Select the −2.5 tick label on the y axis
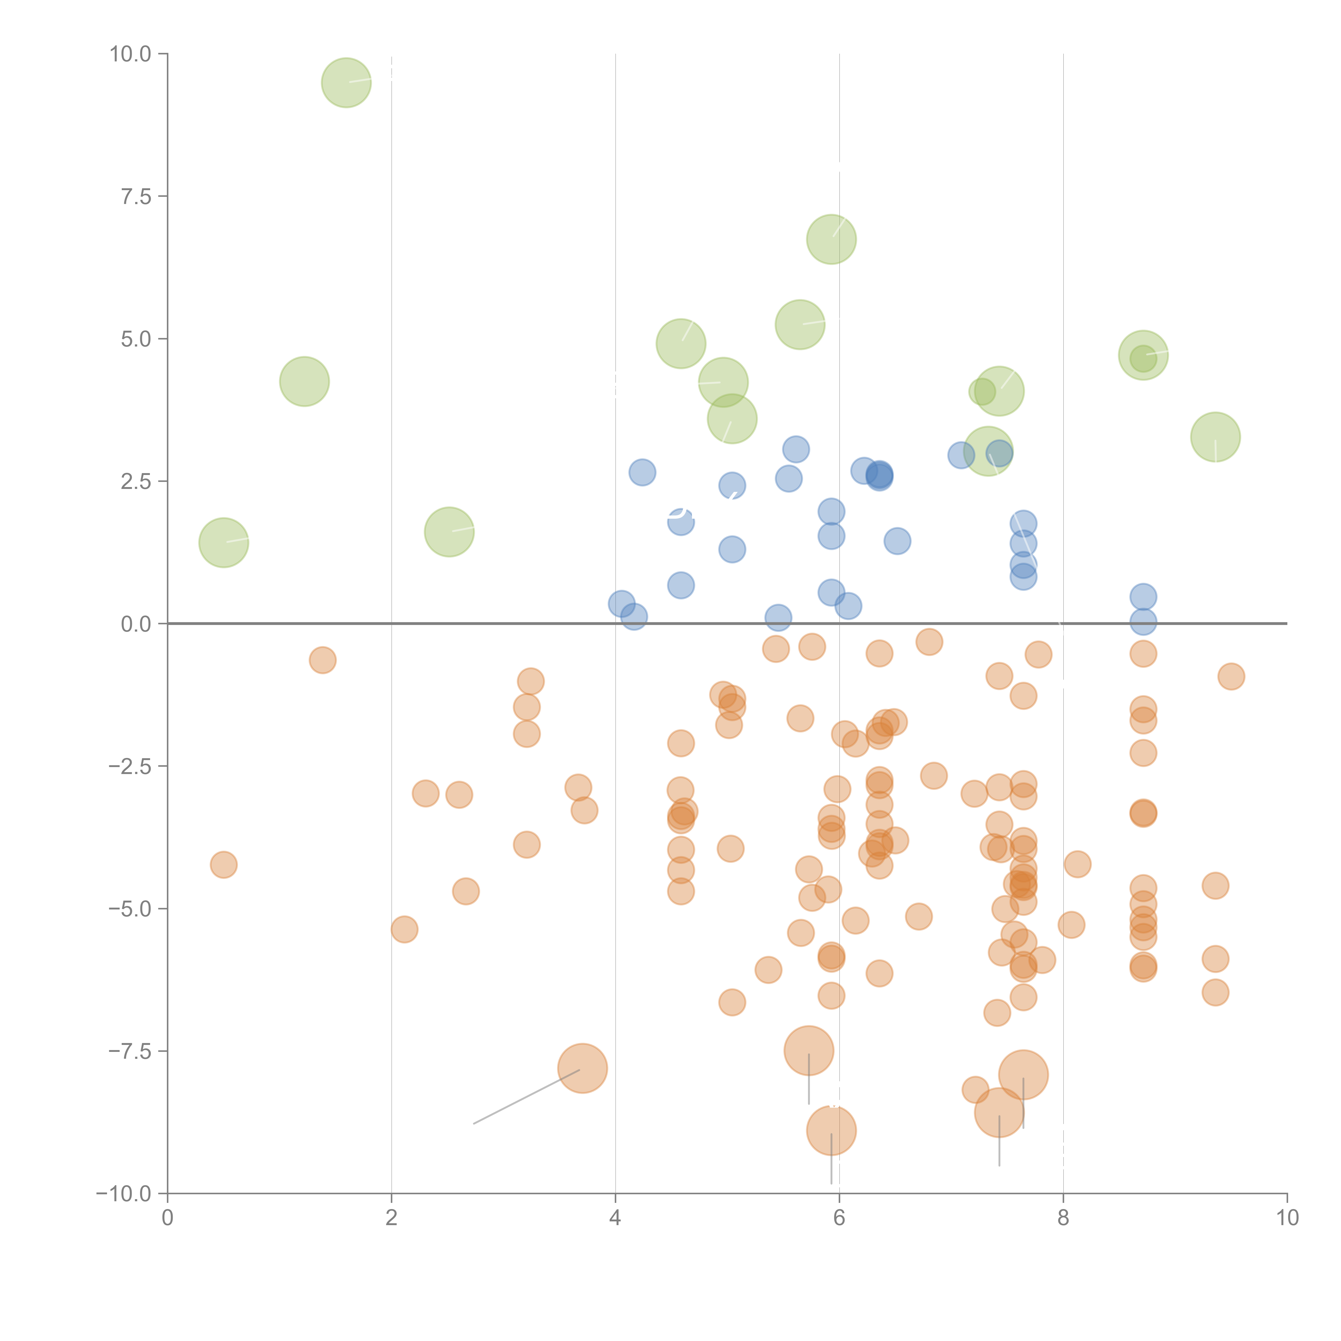129,766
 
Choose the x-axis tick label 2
392,1217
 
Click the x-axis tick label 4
615,1217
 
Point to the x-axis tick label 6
839,1217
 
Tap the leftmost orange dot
223,865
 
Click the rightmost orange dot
1231,676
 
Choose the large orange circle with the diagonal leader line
582,1068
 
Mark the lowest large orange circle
831,1130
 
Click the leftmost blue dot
621,604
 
